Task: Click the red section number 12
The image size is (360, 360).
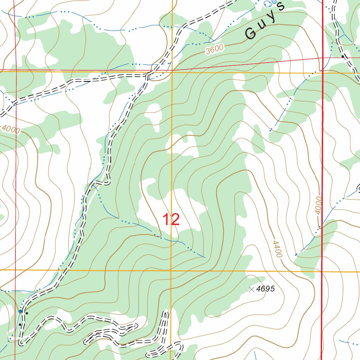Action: coord(171,220)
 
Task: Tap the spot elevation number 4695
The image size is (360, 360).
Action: coord(265,289)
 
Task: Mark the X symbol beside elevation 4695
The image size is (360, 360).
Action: coord(251,289)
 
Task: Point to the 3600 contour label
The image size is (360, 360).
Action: coord(214,50)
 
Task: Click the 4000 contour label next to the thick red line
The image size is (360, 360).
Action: coord(318,206)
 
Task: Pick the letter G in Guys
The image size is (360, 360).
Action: coord(251,34)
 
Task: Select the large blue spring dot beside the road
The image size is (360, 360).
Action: coord(20,311)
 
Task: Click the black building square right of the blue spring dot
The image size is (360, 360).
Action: coord(26,313)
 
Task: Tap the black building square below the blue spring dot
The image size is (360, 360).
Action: coord(20,324)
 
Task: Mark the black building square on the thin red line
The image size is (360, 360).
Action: coord(342,56)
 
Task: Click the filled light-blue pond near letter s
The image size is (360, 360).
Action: coord(274,1)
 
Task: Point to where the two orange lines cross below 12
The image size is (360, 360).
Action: coord(171,271)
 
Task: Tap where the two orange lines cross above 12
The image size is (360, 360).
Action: coord(172,72)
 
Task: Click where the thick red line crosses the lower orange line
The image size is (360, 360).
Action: coord(322,271)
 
